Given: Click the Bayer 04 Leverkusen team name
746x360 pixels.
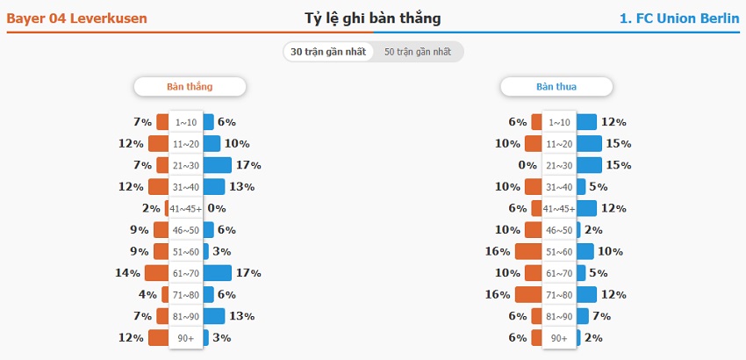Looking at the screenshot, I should click(x=77, y=18).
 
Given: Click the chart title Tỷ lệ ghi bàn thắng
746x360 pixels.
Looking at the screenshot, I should click(x=372, y=18).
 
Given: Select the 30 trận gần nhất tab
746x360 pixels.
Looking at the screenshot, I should click(x=327, y=52).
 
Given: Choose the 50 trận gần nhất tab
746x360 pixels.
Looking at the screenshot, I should click(x=418, y=52).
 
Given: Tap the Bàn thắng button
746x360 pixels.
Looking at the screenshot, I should click(x=190, y=87).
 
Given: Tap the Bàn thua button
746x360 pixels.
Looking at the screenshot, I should click(x=556, y=87).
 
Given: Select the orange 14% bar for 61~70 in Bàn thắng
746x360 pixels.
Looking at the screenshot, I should click(x=157, y=273).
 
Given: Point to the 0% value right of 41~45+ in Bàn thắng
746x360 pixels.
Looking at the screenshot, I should click(x=217, y=208).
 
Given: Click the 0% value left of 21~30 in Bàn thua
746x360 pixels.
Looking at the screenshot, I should click(x=527, y=165).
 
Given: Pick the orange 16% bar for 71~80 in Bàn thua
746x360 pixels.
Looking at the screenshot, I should click(x=529, y=294).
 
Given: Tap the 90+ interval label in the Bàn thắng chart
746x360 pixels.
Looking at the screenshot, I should click(x=186, y=337).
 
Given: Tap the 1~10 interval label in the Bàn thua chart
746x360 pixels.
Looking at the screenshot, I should click(x=558, y=122).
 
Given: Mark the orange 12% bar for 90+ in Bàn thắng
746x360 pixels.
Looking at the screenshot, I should click(x=159, y=337).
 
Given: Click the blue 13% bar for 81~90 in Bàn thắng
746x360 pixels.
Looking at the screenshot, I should click(x=214, y=316).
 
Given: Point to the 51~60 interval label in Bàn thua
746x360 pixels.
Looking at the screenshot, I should click(x=558, y=251).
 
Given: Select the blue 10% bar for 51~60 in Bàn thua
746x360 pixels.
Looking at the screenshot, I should click(x=585, y=251).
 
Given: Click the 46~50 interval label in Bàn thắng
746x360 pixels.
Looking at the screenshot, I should click(x=186, y=230).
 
